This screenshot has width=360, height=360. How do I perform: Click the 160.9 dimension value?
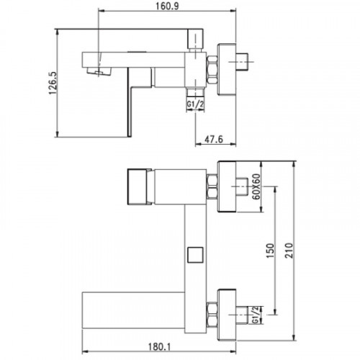pyautogui.click(x=168, y=6)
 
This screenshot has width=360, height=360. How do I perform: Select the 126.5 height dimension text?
pyautogui.click(x=53, y=83)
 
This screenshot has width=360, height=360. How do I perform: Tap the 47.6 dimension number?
pyautogui.click(x=214, y=139)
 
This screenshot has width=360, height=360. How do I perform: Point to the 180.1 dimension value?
pyautogui.click(x=159, y=347)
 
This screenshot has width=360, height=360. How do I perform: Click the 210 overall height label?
pyautogui.click(x=289, y=251)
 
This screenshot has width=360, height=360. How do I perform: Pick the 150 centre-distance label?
pyautogui.click(x=270, y=251)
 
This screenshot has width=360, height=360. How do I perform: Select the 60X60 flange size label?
pyautogui.click(x=256, y=186)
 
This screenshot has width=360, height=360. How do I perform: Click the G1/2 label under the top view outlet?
pyautogui.click(x=195, y=104)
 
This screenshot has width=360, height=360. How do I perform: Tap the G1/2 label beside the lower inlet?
pyautogui.click(x=256, y=315)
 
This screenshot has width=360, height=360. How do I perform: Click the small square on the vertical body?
pyautogui.click(x=195, y=255)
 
